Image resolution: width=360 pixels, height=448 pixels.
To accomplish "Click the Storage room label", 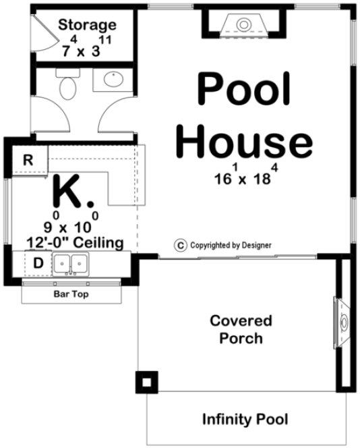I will click(x=87, y=26).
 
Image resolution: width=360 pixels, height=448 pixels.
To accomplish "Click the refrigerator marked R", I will click(x=28, y=160).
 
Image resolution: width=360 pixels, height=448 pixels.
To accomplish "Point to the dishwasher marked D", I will click(x=38, y=262).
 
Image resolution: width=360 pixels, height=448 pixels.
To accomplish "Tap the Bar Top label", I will click(x=71, y=294).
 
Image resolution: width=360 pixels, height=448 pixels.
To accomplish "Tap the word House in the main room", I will click(x=247, y=143).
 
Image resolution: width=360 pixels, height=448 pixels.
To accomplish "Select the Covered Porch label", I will click(x=241, y=329).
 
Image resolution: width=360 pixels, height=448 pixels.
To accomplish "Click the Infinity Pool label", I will click(x=245, y=419).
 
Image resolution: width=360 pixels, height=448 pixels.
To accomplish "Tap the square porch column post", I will click(x=147, y=383).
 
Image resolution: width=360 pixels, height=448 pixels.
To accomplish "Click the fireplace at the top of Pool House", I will click(x=243, y=26).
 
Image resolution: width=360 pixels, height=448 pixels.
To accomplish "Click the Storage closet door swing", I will click(x=42, y=34).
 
